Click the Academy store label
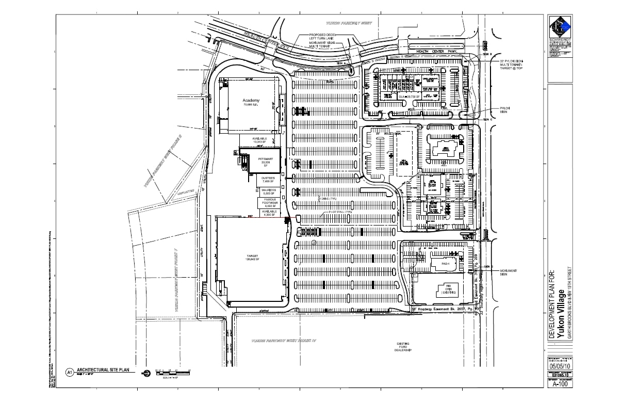click(251, 101)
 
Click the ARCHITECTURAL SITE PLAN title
click(100, 370)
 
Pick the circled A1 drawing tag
click(69, 371)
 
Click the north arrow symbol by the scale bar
click(146, 372)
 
